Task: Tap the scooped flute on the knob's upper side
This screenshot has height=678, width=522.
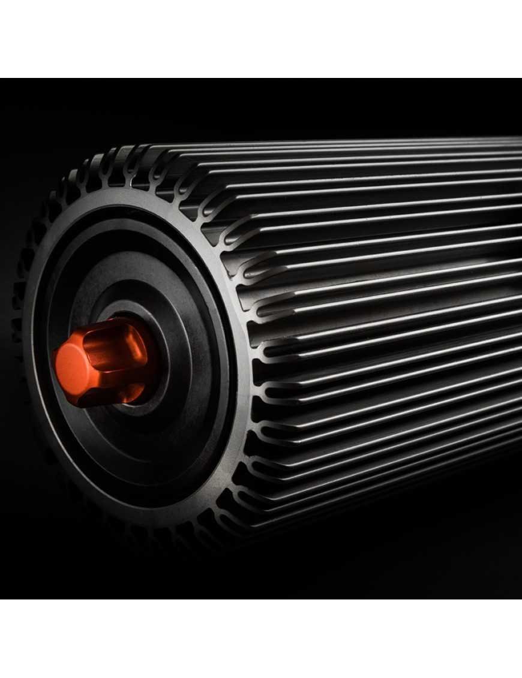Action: coord(114,340)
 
